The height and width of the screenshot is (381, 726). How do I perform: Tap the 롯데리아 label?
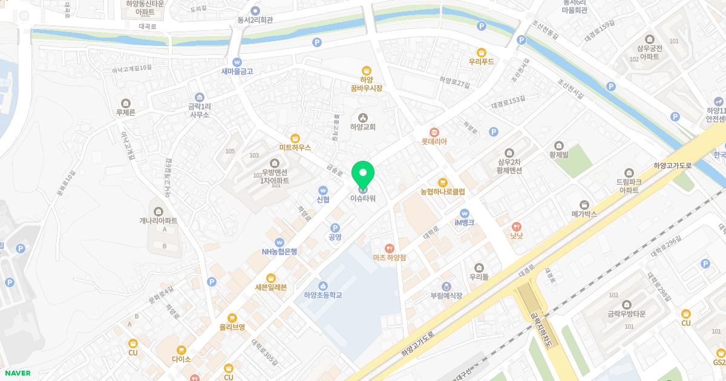tap(434, 142)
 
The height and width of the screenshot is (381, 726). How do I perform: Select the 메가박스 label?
tap(584, 214)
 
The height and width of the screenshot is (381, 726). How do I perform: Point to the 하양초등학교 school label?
tap(323, 295)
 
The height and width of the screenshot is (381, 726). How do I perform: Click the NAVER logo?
tap(18, 373)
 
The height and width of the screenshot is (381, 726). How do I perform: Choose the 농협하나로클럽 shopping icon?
tap(442, 182)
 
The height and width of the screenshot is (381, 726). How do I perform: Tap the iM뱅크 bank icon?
tap(464, 213)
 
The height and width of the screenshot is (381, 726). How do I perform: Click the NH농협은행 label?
tap(279, 252)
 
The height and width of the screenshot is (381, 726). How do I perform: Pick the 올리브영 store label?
tap(232, 327)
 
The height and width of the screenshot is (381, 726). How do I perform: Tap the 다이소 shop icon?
tap(181, 350)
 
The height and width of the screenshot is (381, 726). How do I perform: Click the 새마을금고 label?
tap(237, 71)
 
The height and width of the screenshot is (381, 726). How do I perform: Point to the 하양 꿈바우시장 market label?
tap(367, 84)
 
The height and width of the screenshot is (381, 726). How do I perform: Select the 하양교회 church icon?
tap(362, 117)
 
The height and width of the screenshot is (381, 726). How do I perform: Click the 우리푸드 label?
tap(482, 62)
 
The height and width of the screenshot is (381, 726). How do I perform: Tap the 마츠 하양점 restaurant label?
tap(389, 257)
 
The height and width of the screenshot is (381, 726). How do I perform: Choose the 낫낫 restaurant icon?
tap(515, 226)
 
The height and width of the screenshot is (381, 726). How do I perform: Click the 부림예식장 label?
tap(446, 296)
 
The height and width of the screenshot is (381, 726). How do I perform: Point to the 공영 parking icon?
tap(335, 227)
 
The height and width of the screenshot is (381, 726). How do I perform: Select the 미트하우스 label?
tap(295, 147)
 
